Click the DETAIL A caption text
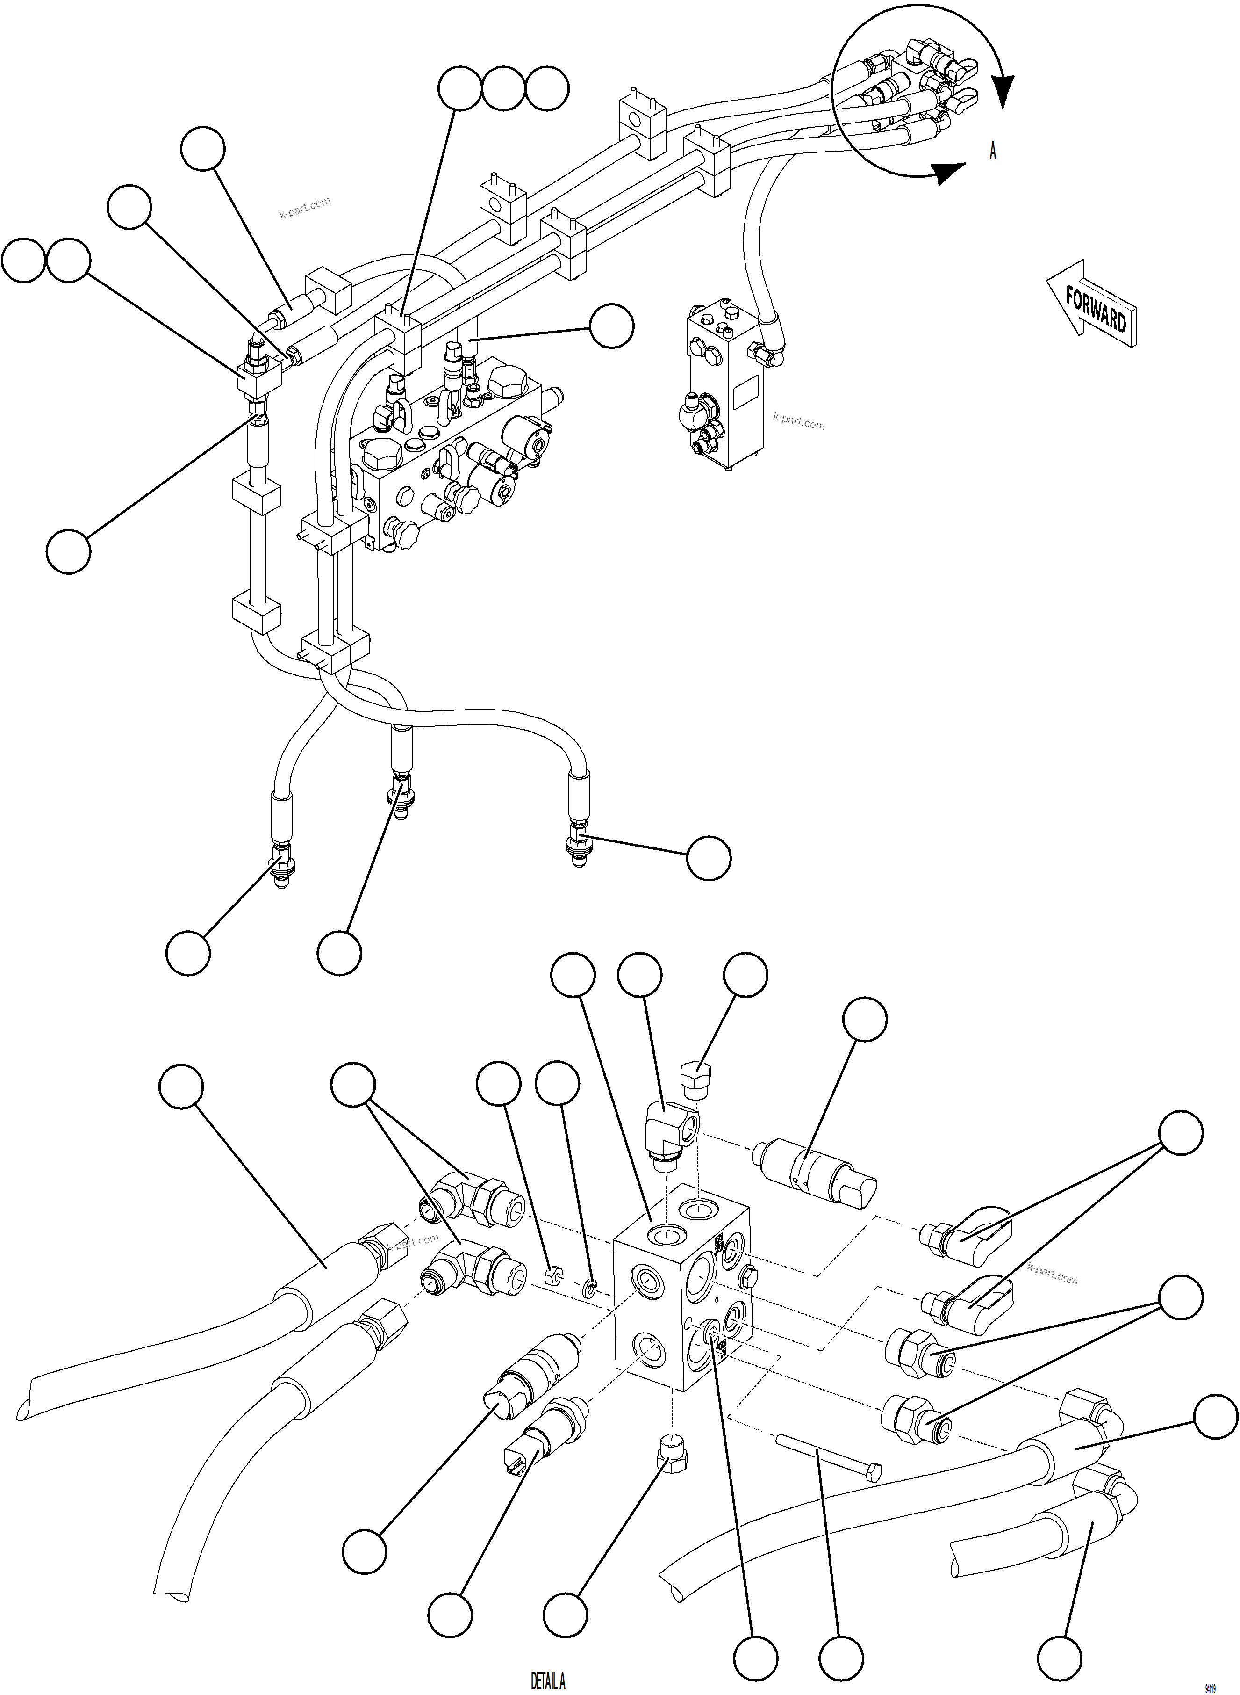(547, 1681)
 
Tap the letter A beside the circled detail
(993, 151)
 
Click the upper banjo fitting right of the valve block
(968, 1233)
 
